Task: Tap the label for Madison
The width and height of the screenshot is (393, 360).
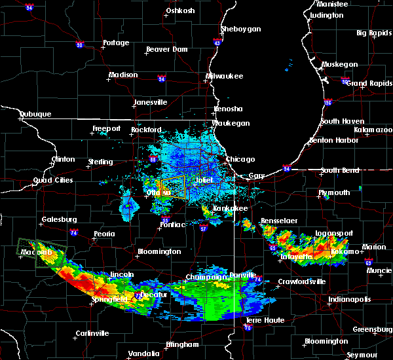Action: pos(123,75)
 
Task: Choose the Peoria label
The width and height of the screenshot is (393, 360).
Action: pos(103,234)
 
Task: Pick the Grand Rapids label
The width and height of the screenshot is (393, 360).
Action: pos(365,83)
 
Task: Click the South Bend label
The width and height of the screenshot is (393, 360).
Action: pos(341,171)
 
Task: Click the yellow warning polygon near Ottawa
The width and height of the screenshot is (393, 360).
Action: pos(173,187)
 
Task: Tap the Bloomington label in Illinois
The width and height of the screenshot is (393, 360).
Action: pos(159,251)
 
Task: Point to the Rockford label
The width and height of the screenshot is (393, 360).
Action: pos(145,130)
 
